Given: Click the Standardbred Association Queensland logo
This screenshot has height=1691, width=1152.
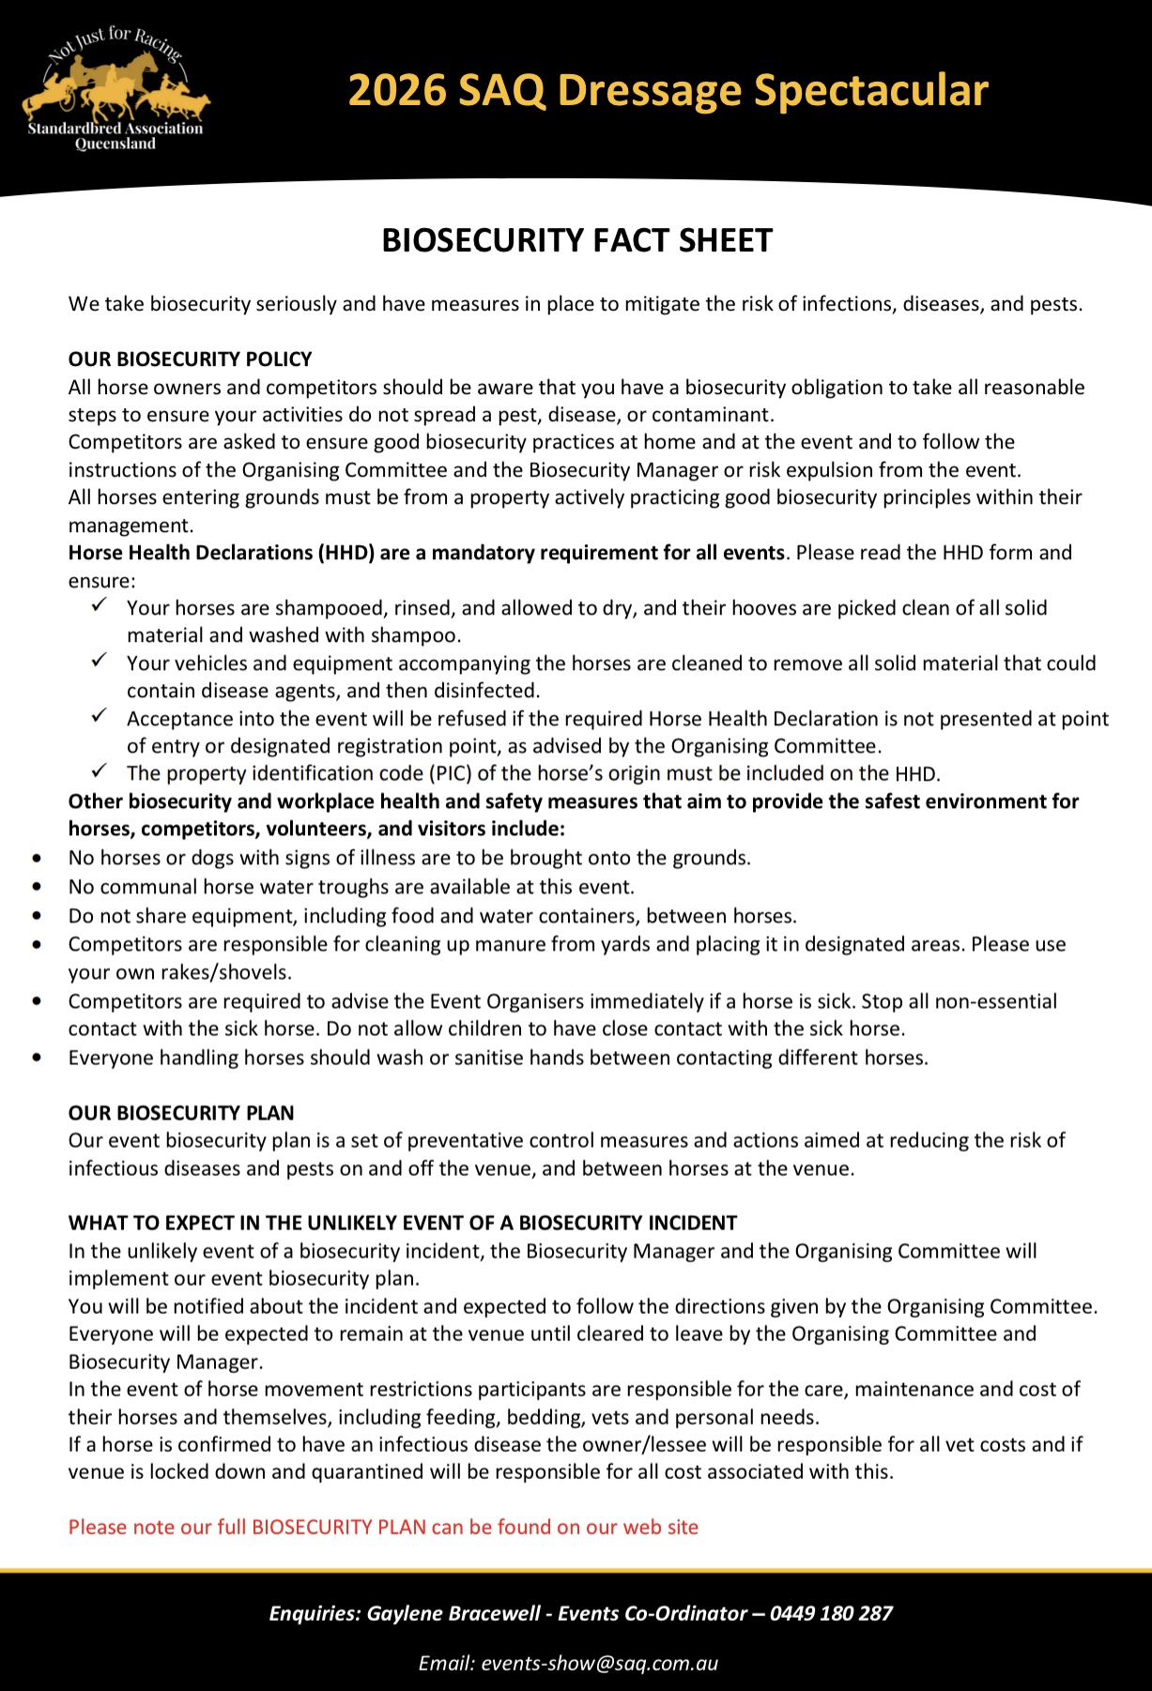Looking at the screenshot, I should [x=115, y=90].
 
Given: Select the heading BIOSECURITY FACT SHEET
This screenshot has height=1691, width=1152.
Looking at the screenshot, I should [x=576, y=241].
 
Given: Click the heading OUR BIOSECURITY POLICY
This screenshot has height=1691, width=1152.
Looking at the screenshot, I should [x=190, y=359].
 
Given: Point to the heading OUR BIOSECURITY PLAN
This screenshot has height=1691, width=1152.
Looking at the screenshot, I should [x=181, y=1113].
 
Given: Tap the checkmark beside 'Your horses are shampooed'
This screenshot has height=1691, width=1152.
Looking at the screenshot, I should [x=100, y=606].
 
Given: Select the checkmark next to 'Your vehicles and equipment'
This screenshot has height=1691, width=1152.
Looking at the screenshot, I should [x=100, y=662].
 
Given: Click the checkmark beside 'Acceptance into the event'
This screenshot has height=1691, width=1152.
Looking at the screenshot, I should [x=100, y=717].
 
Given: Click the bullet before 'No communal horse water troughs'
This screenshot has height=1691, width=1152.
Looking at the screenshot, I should [x=37, y=887].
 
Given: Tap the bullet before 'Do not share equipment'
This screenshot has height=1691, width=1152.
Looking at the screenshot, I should [x=37, y=916].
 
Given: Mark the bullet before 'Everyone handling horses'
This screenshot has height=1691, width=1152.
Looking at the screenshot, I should [x=37, y=1058].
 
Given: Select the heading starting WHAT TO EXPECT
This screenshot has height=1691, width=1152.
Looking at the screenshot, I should [x=402, y=1223].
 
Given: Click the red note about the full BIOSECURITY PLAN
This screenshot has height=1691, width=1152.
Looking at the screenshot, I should [x=383, y=1527].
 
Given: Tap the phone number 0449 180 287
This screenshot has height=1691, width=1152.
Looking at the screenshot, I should [x=831, y=1613].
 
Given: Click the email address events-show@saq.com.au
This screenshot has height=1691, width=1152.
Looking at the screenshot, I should [x=599, y=1663].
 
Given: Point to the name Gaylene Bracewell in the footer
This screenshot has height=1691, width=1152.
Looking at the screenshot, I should [x=453, y=1613].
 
